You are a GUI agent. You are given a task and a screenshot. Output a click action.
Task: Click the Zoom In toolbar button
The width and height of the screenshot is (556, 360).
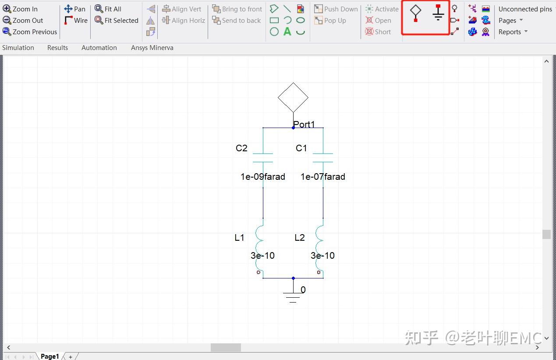[20, 9]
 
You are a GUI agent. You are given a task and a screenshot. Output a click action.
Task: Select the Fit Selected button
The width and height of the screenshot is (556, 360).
[117, 20]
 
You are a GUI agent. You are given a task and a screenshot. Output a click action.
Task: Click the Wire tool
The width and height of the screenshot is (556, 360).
[76, 20]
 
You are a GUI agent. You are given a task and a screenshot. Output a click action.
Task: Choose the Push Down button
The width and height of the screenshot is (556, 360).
[336, 9]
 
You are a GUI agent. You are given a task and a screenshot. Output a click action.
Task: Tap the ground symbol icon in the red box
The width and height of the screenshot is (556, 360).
[438, 12]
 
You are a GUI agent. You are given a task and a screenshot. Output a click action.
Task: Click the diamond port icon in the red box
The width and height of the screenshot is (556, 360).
[415, 13]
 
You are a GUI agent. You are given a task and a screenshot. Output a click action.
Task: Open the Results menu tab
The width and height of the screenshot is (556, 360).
[57, 48]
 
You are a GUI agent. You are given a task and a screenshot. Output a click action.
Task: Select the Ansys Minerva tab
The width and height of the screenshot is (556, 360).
[152, 48]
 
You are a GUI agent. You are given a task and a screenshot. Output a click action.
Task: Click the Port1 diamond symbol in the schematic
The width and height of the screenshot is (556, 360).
[293, 97]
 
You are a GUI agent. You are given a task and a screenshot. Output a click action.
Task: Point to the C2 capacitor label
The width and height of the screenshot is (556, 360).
[241, 148]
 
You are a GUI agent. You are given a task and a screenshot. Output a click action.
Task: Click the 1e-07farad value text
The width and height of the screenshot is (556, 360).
[322, 177]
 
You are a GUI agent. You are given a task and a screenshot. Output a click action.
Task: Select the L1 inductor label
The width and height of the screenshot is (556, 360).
[239, 238]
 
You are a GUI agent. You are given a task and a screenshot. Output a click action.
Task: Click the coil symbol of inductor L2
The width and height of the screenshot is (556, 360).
[319, 249]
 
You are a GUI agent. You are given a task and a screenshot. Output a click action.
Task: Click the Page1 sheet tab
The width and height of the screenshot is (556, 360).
[50, 356]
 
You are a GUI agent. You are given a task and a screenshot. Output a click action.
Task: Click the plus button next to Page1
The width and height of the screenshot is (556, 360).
[71, 357]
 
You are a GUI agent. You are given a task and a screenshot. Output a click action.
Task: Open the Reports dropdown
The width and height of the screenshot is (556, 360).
[513, 32]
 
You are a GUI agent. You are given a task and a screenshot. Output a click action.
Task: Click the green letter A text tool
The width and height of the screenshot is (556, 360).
[287, 32]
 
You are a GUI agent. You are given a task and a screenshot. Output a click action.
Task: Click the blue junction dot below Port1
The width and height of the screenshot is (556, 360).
[293, 128]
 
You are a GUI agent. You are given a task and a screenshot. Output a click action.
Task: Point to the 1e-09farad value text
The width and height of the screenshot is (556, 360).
[262, 177]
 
